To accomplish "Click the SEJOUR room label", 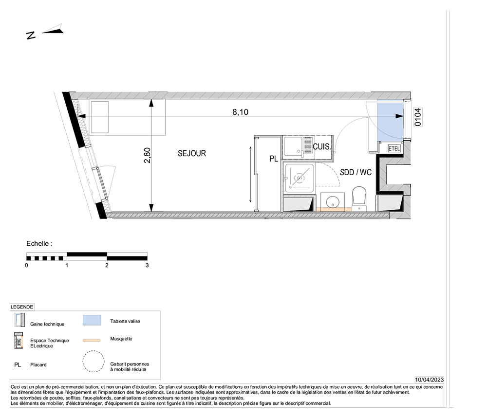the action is click(191, 153).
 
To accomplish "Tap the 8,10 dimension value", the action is click(241, 112).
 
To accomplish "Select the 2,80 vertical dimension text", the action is click(147, 155).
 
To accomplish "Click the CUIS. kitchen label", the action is click(322, 146).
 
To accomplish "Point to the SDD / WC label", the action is click(356, 172).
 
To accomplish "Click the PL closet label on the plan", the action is click(274, 159).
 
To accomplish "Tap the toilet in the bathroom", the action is click(359, 199).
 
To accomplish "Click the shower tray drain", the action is click(299, 178).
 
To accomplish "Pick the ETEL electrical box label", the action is click(394, 148).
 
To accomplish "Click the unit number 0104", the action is click(418, 117).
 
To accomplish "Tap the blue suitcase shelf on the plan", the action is click(390, 120).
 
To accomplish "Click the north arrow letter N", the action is click(31, 36).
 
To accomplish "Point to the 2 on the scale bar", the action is click(107, 265).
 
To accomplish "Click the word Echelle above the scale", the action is click(37, 244).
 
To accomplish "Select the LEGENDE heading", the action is click(22, 307).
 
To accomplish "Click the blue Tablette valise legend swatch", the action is click(92, 320).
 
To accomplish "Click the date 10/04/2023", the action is click(429, 380).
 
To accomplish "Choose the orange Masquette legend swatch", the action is click(92, 341).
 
